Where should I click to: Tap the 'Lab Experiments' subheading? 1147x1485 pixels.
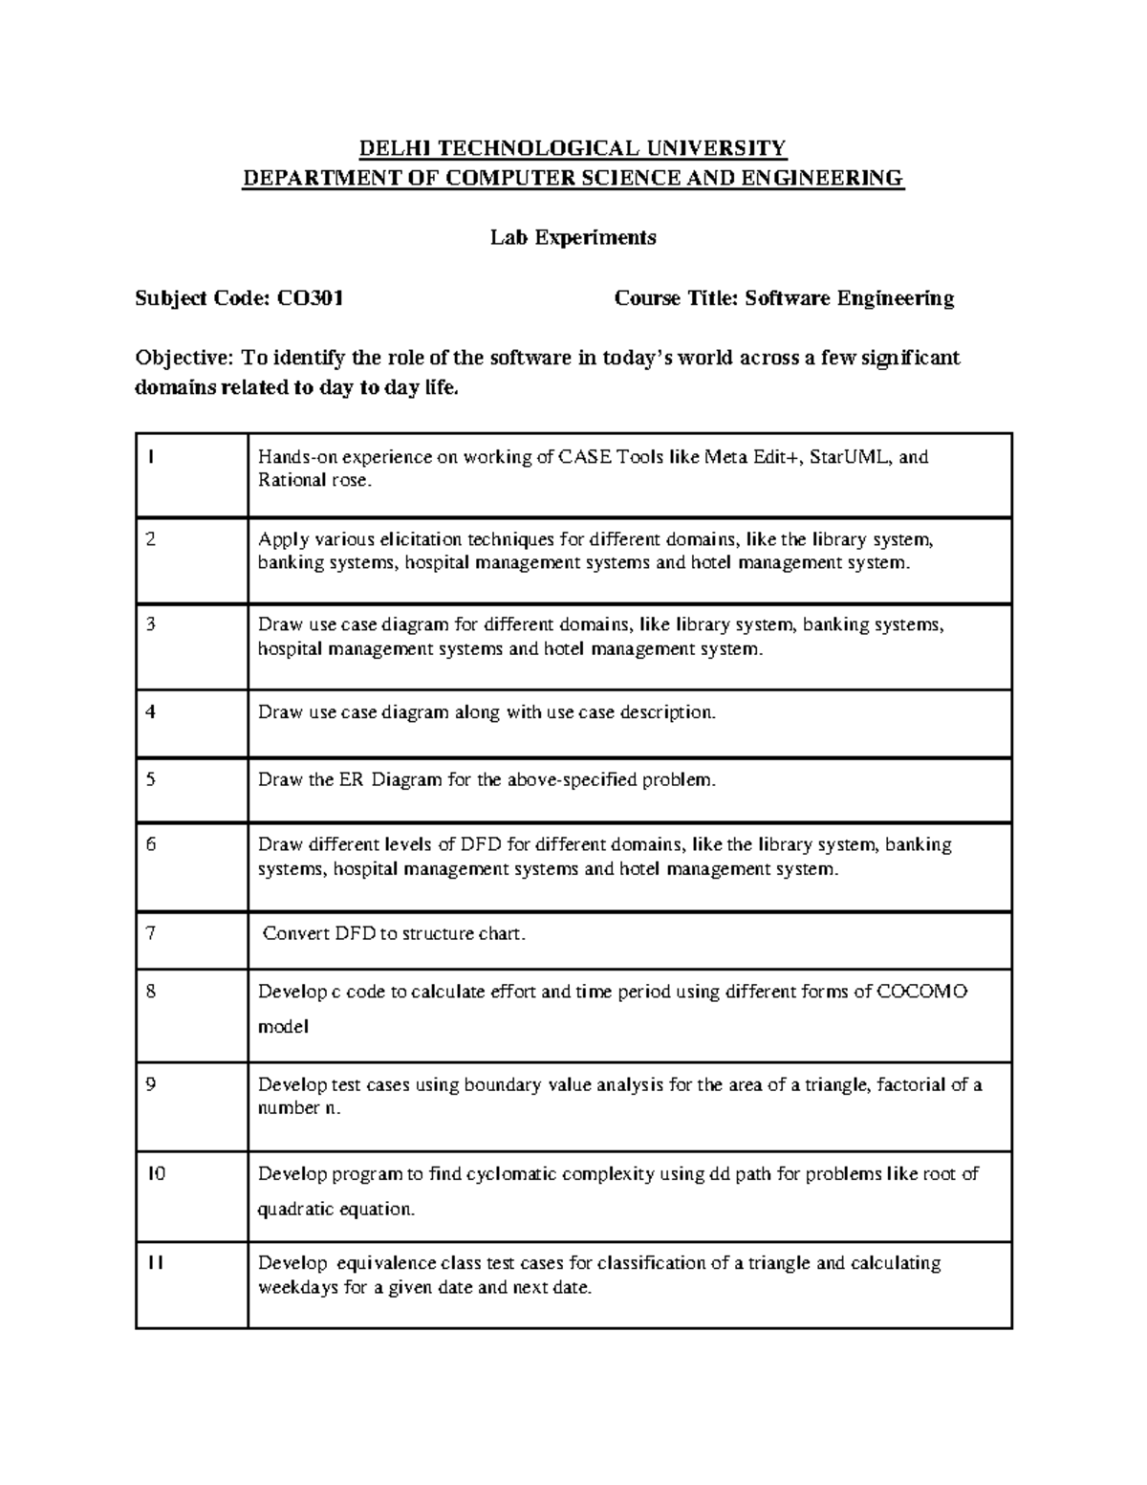click(573, 238)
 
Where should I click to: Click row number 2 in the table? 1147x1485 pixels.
click(150, 539)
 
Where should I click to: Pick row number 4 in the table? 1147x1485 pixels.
click(150, 712)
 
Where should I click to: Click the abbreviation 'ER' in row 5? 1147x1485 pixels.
click(350, 780)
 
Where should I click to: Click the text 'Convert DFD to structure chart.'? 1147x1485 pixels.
click(394, 934)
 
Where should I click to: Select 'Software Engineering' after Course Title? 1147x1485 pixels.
click(849, 299)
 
